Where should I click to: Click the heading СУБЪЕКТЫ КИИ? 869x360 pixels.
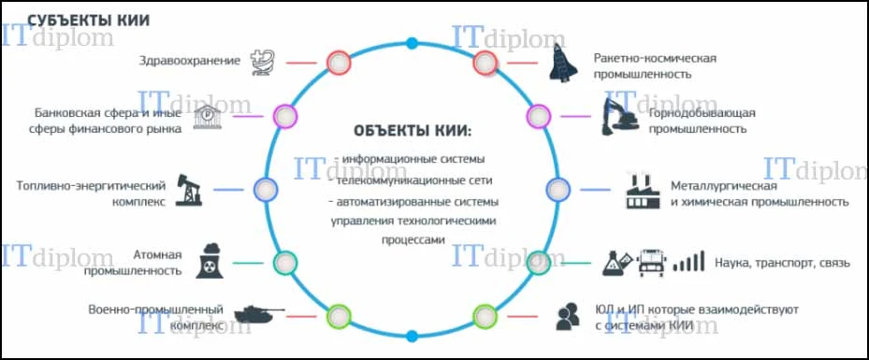89,21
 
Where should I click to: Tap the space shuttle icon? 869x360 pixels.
564,63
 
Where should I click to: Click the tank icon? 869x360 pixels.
259,313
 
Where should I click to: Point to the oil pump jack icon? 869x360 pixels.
189,190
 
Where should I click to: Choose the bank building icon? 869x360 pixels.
208,117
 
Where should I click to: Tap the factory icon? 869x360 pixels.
644,191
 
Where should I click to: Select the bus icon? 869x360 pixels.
654,262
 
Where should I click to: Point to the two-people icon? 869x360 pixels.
568,317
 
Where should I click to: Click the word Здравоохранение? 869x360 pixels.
190,61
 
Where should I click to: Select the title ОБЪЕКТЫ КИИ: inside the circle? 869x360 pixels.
413,132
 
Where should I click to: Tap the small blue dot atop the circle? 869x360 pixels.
412,43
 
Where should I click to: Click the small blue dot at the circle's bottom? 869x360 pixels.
412,336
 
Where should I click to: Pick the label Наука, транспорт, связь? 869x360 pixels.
782,263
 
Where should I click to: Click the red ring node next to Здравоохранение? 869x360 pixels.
338,63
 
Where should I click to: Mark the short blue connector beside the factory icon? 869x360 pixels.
595,190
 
